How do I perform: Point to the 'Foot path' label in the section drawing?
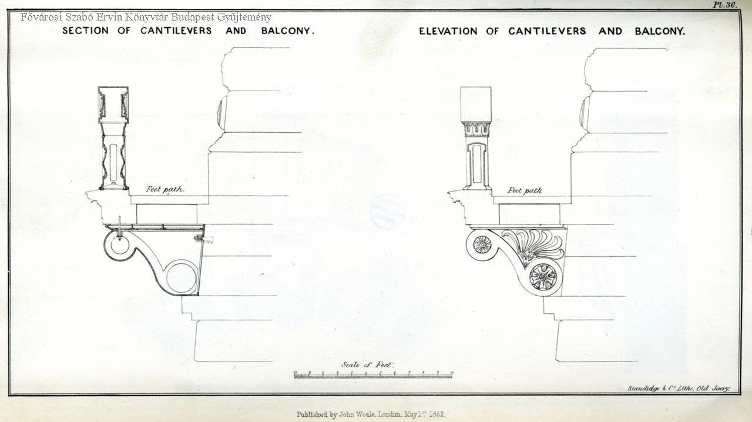164,189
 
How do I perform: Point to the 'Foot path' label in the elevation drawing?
524,190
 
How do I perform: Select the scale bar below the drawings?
373,374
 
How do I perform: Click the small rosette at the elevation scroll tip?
482,244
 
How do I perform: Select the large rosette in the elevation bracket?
543,276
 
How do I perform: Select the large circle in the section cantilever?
181,277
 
